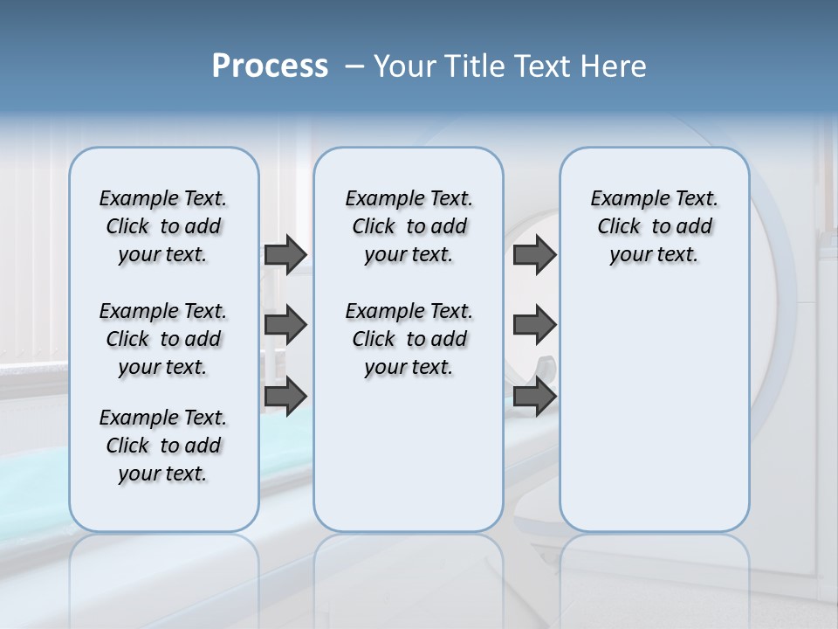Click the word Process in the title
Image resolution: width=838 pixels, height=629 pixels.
(270, 66)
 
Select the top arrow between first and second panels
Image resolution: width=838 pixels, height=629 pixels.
(285, 255)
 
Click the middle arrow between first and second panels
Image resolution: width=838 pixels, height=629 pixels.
(285, 325)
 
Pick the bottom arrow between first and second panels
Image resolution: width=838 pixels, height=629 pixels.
(285, 396)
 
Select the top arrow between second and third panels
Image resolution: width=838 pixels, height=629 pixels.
(534, 255)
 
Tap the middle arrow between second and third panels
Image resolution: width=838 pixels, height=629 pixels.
(534, 325)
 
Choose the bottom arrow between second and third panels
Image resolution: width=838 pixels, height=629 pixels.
(534, 396)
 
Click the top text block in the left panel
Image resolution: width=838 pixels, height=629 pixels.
(163, 226)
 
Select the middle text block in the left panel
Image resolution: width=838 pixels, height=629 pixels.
(163, 339)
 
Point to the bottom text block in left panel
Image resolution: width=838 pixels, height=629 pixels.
(163, 446)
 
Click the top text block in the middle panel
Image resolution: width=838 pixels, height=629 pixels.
(409, 226)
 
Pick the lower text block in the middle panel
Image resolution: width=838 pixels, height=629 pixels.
(409, 339)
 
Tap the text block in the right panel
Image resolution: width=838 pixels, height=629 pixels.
(654, 226)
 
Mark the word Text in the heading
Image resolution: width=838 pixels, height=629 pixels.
(542, 66)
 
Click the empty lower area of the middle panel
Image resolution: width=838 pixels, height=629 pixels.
(409, 454)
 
